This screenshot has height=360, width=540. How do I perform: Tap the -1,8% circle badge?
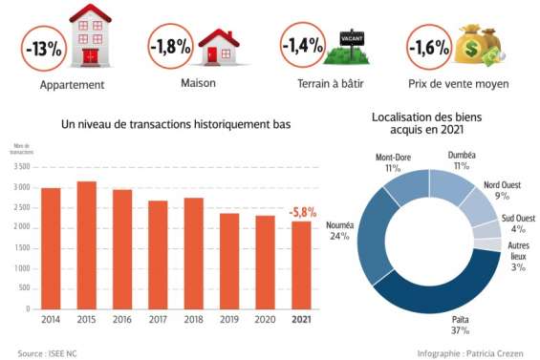tap(170, 46)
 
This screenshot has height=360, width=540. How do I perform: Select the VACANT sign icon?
tap(354, 40)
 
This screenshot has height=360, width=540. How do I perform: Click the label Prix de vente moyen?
tap(457, 84)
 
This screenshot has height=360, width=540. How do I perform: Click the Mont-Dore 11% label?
tap(393, 161)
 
